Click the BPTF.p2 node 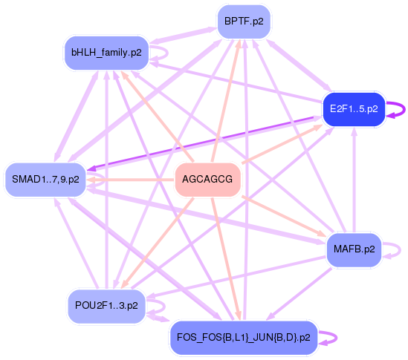coord(245,22)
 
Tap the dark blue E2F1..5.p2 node coord(353,110)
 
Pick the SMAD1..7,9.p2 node coord(45,180)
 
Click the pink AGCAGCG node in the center coord(207,180)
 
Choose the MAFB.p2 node coord(354,249)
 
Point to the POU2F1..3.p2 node coord(106,305)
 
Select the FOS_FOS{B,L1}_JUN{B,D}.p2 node coord(244,338)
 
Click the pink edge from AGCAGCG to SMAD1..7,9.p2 coord(130,180)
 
